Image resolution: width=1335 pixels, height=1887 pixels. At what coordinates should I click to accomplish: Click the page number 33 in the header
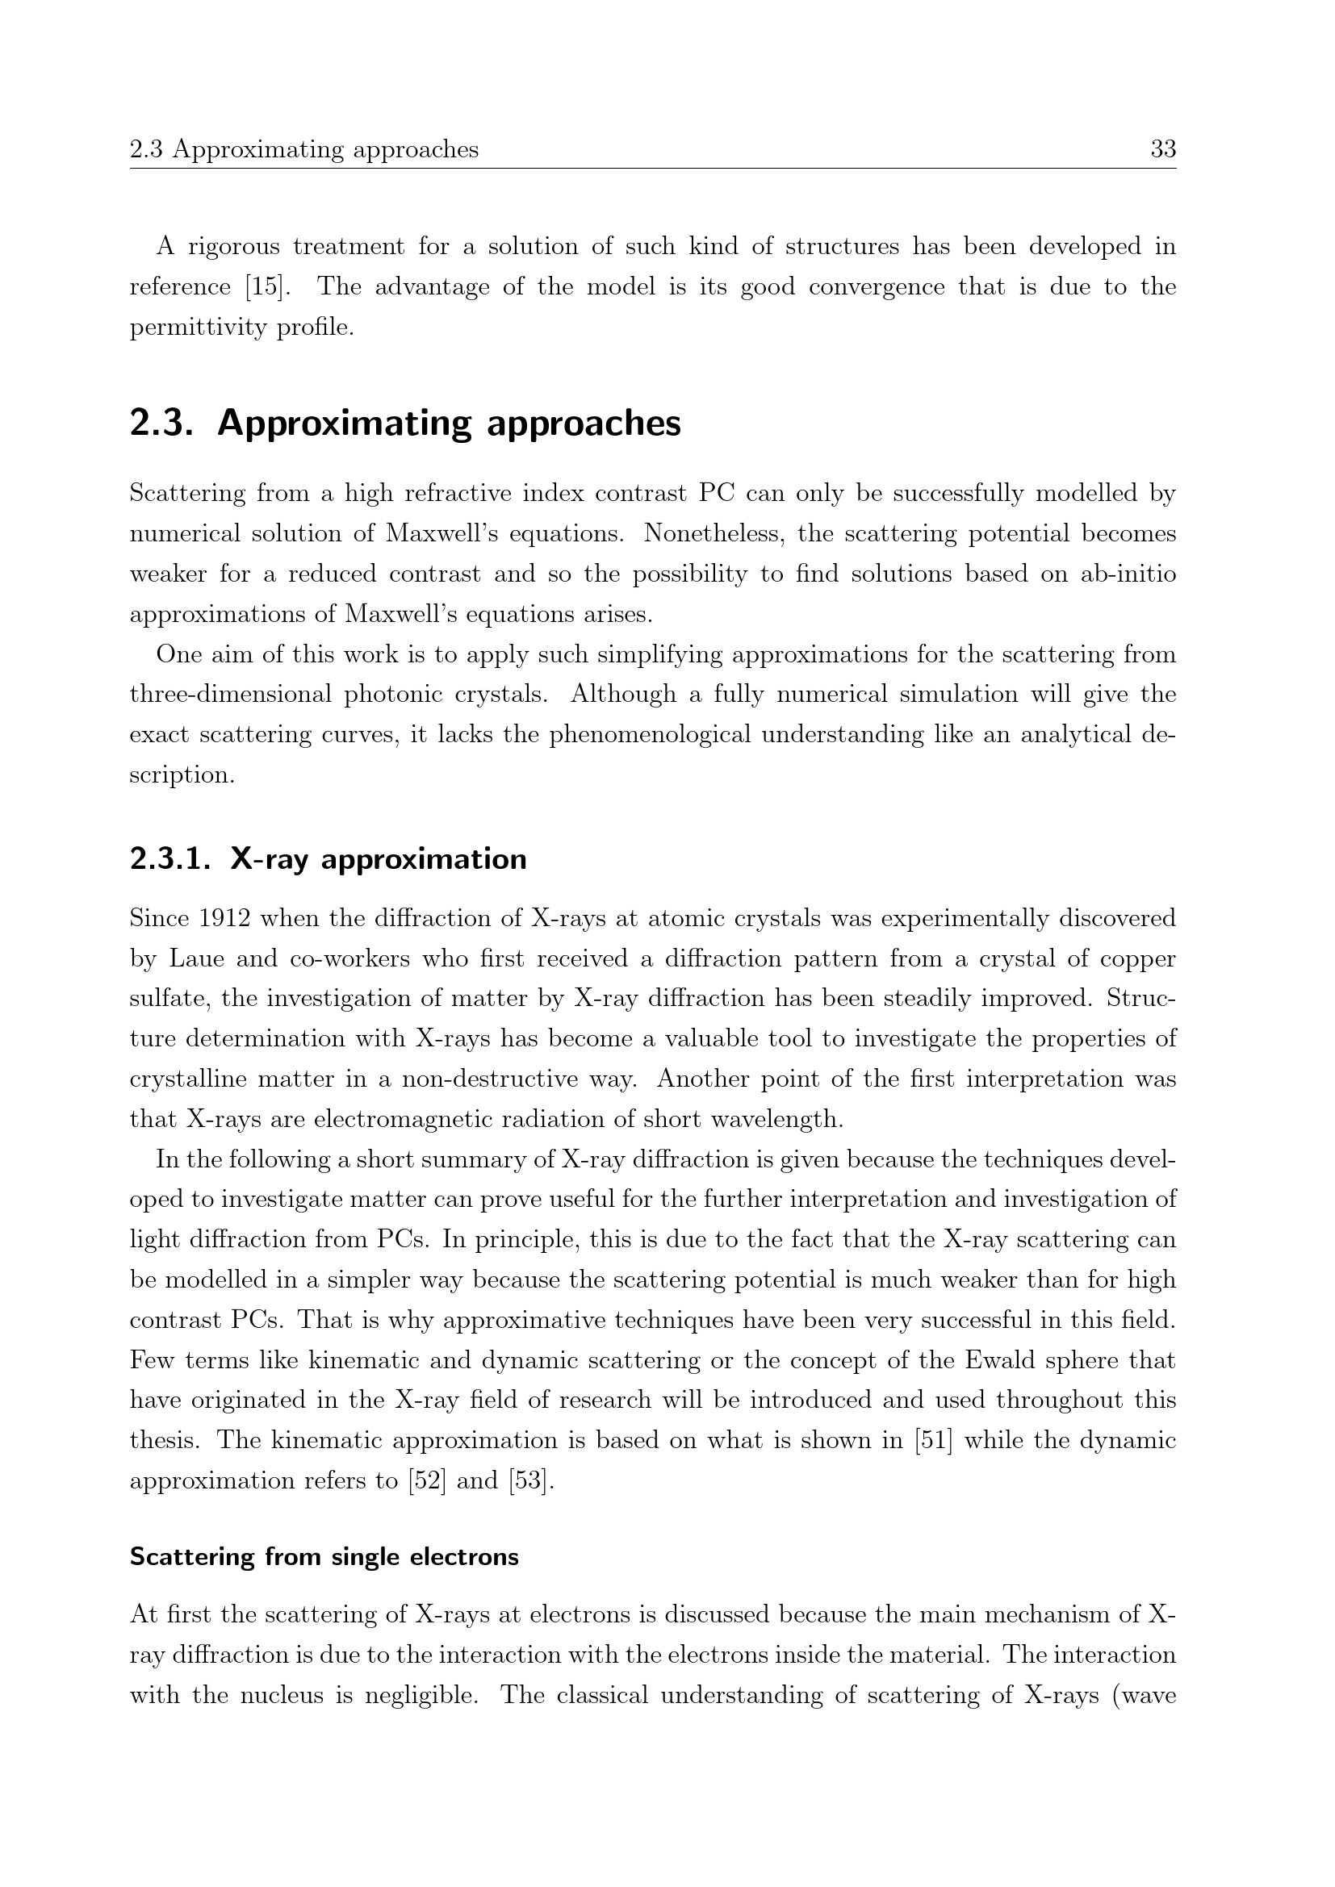[x=1163, y=149]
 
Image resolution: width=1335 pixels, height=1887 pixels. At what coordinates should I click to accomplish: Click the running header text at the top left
[x=304, y=149]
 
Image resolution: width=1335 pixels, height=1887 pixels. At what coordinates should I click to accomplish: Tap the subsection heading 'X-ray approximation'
[x=378, y=859]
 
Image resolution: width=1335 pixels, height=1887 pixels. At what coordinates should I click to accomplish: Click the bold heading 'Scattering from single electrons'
[x=324, y=1557]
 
